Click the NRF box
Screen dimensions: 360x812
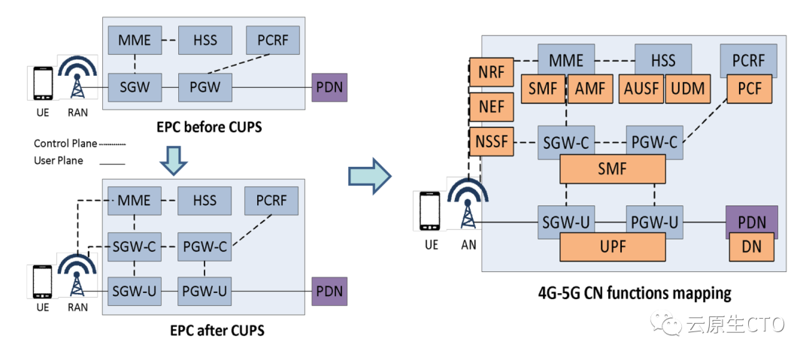pyautogui.click(x=492, y=73)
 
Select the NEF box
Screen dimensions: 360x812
pyautogui.click(x=492, y=107)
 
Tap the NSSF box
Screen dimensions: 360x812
pyautogui.click(x=492, y=141)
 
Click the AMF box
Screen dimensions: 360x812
pyautogui.click(x=589, y=89)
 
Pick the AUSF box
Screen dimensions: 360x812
pyautogui.click(x=641, y=89)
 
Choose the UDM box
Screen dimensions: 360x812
pyautogui.click(x=688, y=89)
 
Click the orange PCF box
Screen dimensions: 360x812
pyautogui.click(x=750, y=89)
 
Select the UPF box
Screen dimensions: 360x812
pyautogui.click(x=613, y=246)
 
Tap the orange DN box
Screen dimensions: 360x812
pyautogui.click(x=751, y=247)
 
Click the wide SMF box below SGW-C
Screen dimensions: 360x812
pyautogui.click(x=613, y=171)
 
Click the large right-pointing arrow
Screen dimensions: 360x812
pyautogui.click(x=369, y=175)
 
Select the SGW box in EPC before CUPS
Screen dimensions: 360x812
pyautogui.click(x=135, y=87)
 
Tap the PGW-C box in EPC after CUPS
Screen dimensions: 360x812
pyautogui.click(x=204, y=246)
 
